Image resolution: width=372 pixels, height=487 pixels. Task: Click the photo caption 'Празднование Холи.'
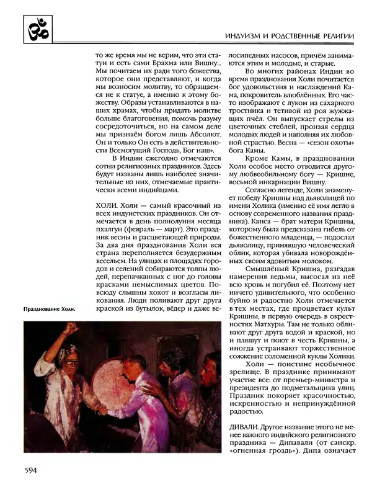pyautogui.click(x=49, y=308)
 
